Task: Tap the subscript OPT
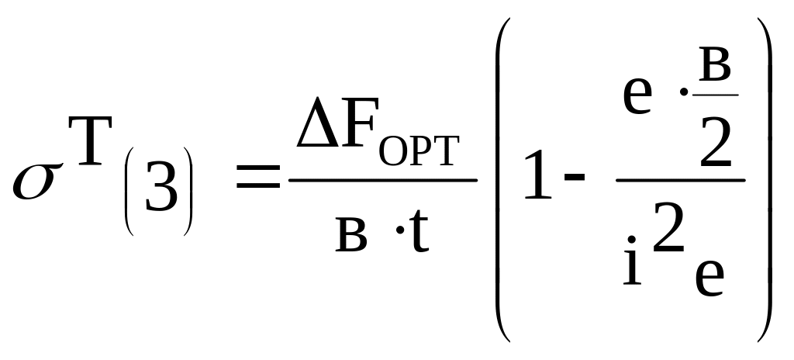tap(419, 154)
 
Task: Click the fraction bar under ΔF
tap(383, 181)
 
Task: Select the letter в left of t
tap(350, 237)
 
